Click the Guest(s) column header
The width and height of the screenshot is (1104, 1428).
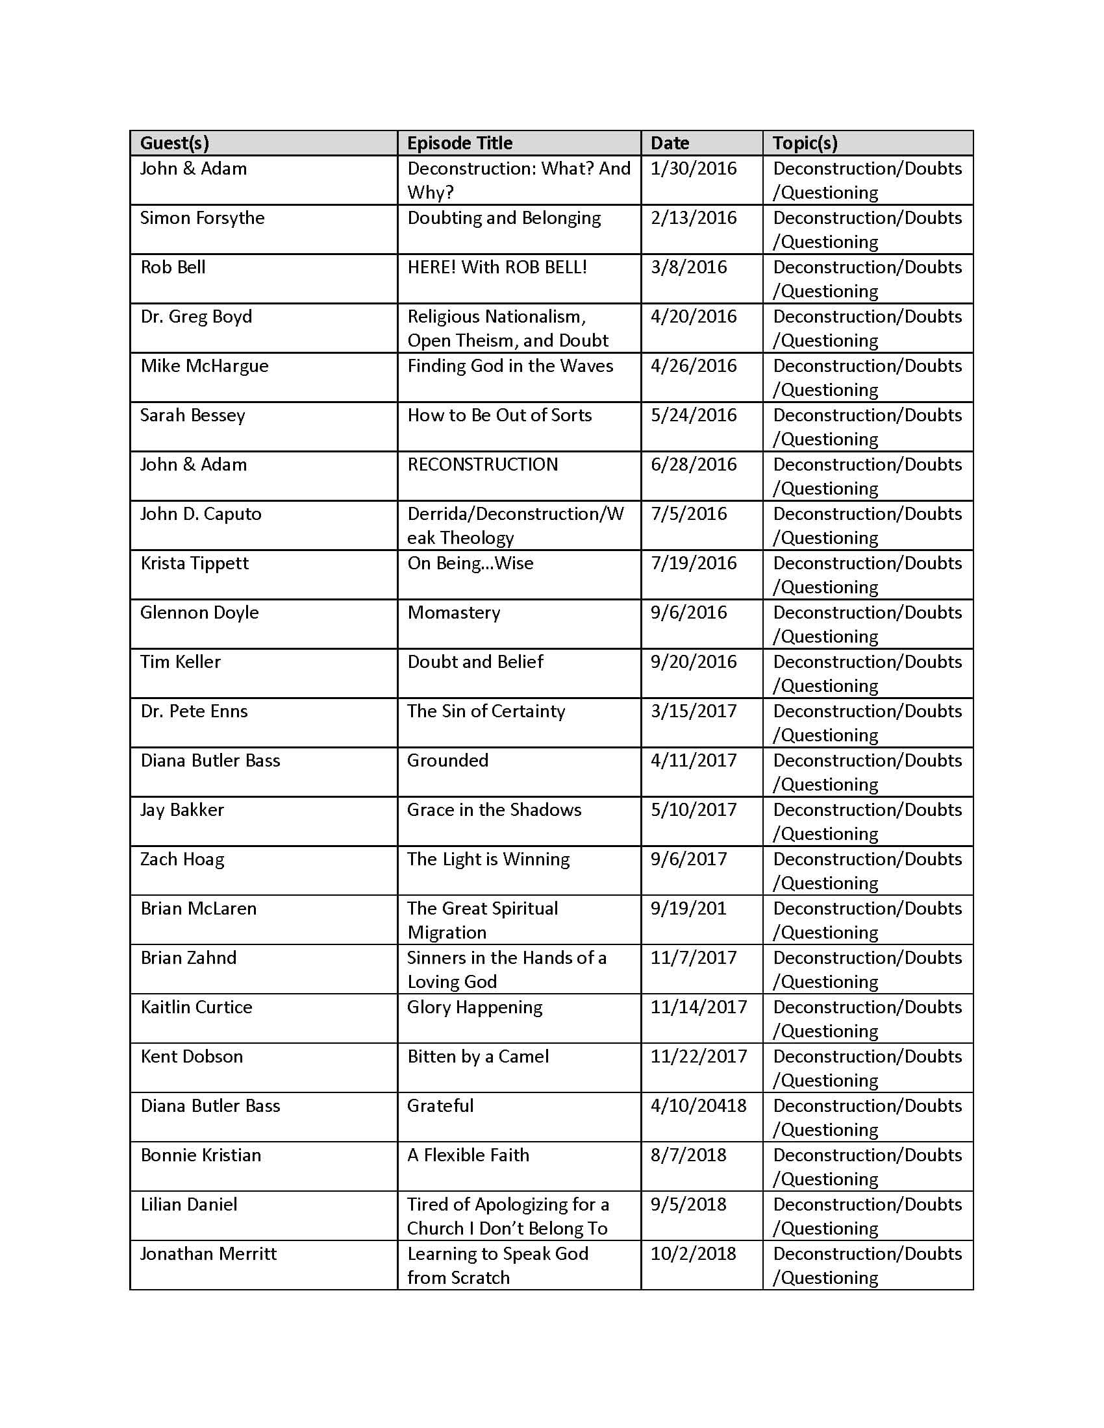point(175,143)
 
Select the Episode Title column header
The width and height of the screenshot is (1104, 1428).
point(459,143)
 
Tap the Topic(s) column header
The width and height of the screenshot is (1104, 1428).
point(805,143)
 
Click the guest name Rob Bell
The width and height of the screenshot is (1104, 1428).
point(173,267)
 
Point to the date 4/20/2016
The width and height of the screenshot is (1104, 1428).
point(694,317)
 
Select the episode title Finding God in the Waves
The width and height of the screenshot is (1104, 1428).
point(510,365)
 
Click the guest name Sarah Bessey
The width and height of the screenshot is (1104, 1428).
point(192,415)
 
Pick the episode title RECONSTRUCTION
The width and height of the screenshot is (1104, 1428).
point(482,464)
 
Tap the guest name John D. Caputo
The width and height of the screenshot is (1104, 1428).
point(200,514)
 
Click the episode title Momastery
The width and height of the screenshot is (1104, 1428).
point(453,613)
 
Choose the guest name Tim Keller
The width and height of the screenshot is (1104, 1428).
point(181,661)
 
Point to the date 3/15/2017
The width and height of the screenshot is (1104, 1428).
point(694,711)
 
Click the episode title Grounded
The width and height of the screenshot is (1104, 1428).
point(447,761)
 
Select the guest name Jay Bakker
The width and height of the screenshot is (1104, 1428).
point(182,809)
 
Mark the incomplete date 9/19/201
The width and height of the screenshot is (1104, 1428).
point(688,908)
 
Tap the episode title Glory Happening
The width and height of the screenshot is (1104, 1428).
point(474,1007)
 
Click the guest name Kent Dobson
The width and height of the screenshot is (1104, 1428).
point(192,1056)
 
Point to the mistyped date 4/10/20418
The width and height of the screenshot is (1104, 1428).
point(698,1105)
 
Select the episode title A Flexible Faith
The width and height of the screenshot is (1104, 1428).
point(468,1155)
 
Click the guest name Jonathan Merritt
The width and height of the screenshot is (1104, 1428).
point(208,1253)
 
